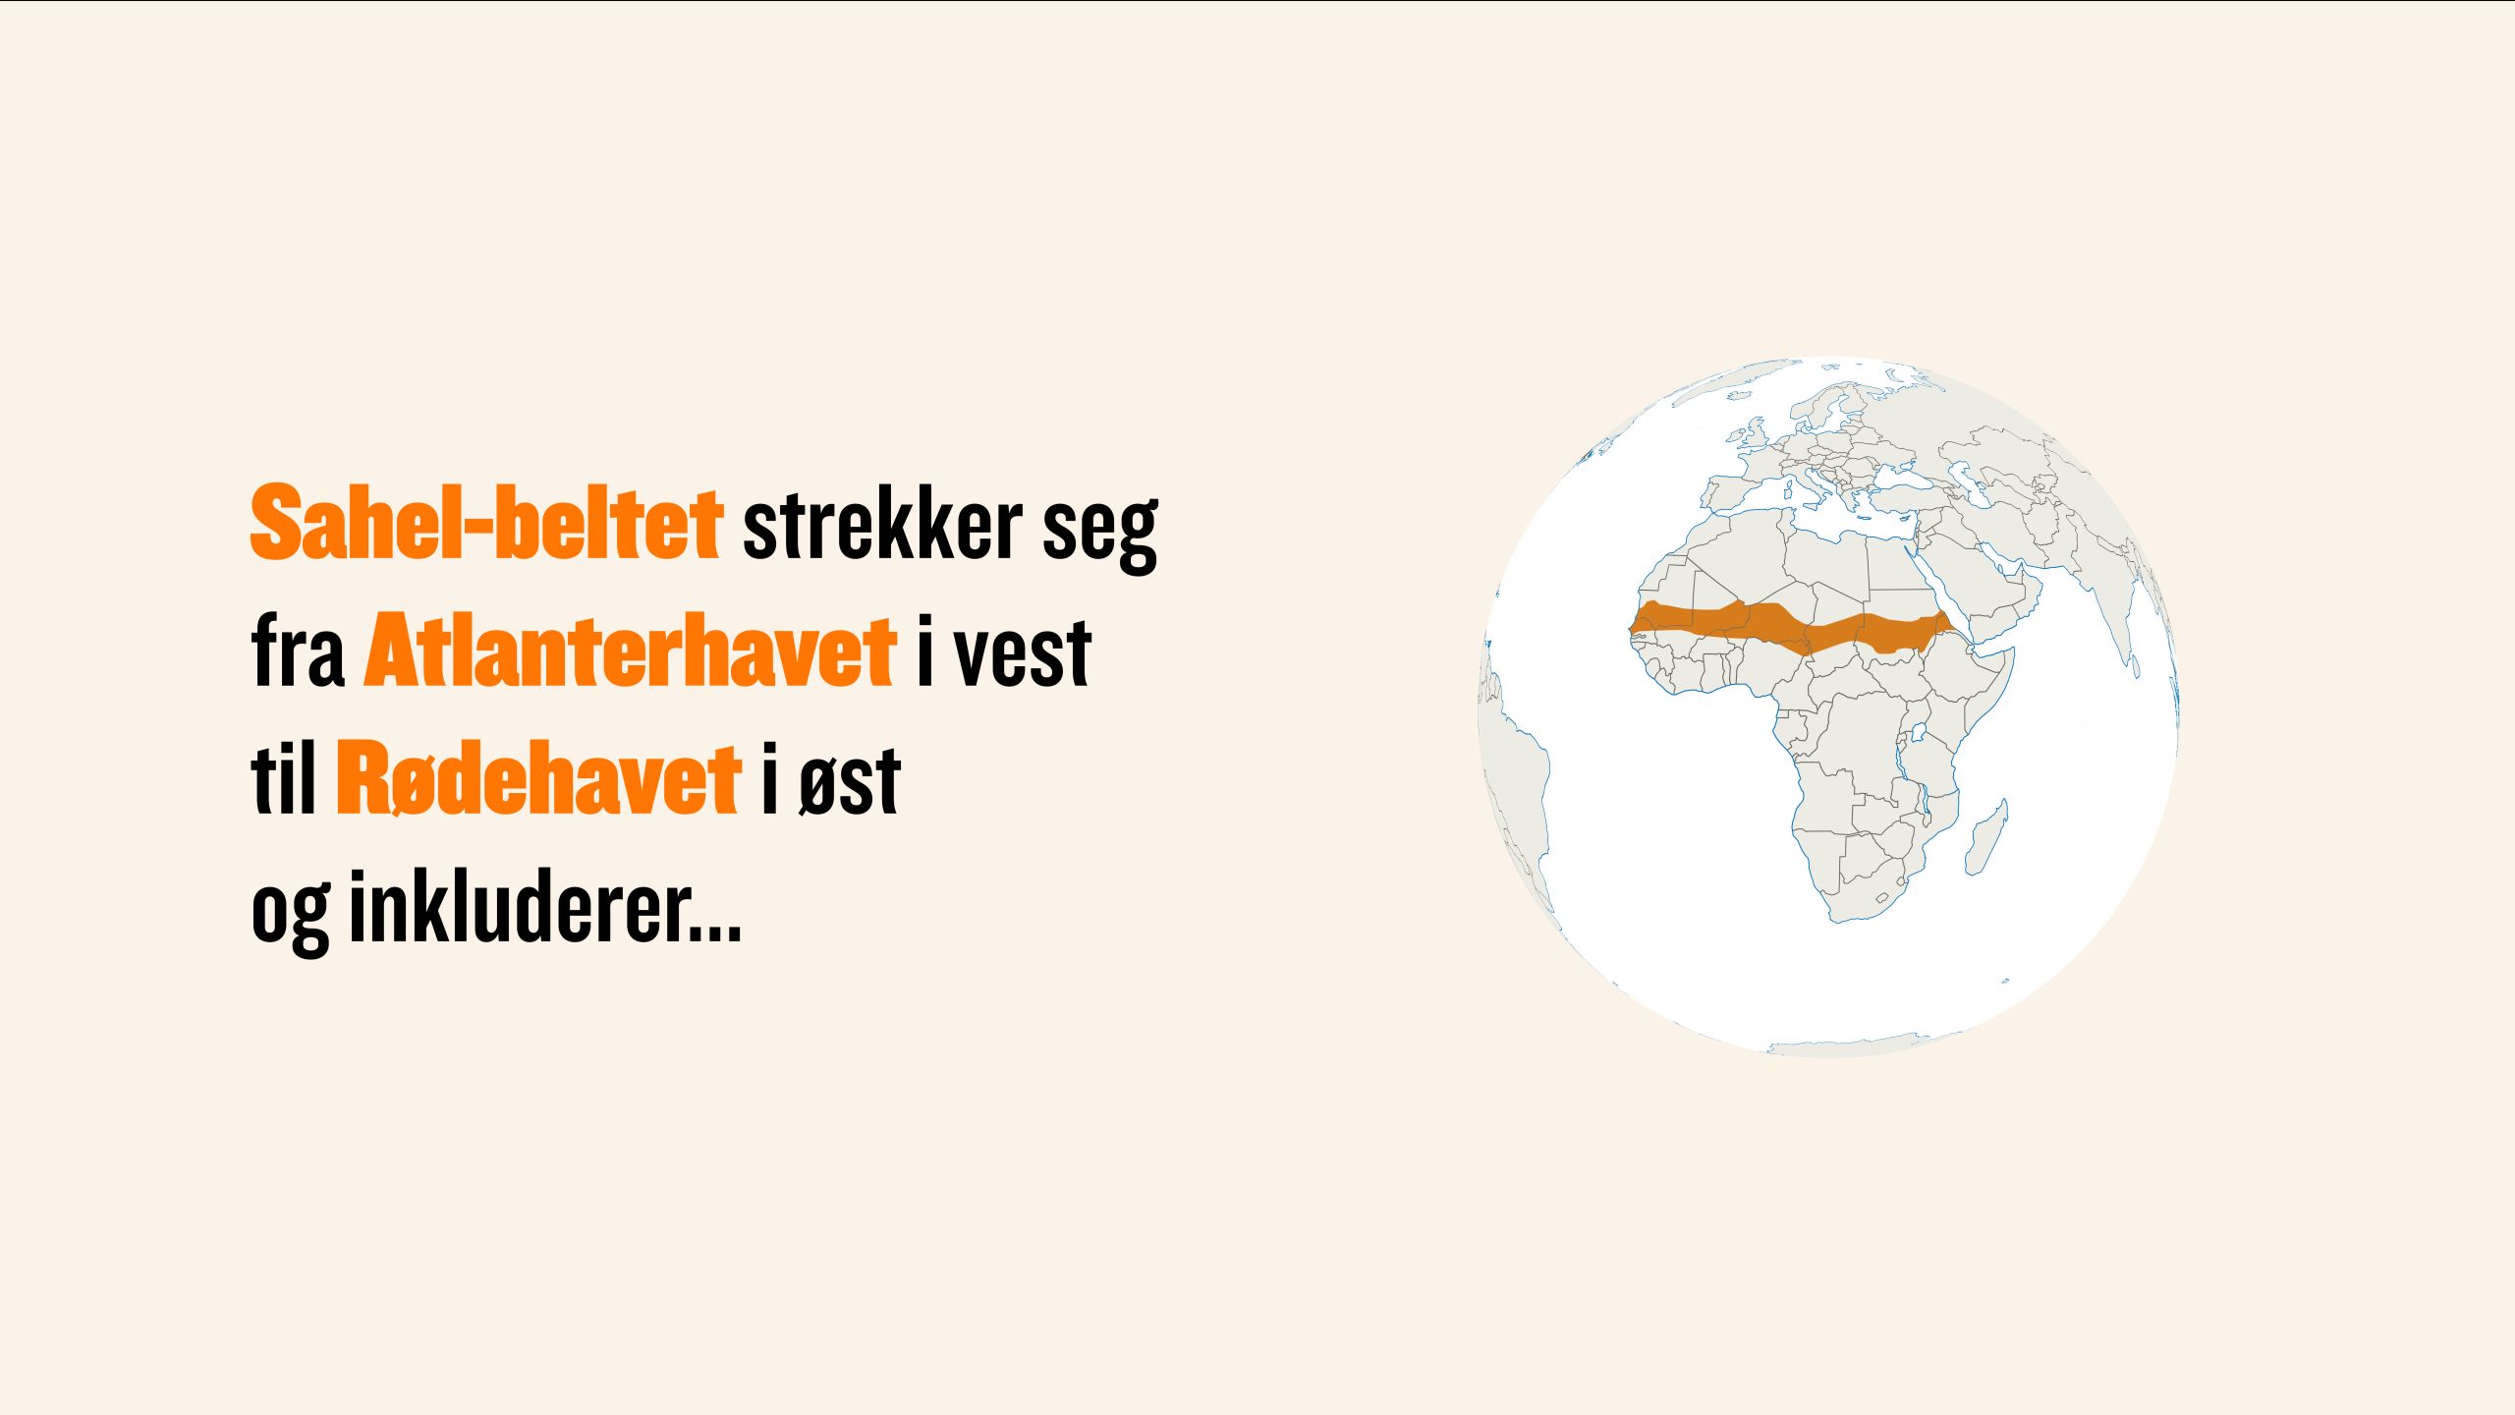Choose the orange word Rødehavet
pyautogui.click(x=538, y=778)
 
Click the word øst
pyautogui.click(x=850, y=782)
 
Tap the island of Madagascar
pyautogui.click(x=1986, y=837)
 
